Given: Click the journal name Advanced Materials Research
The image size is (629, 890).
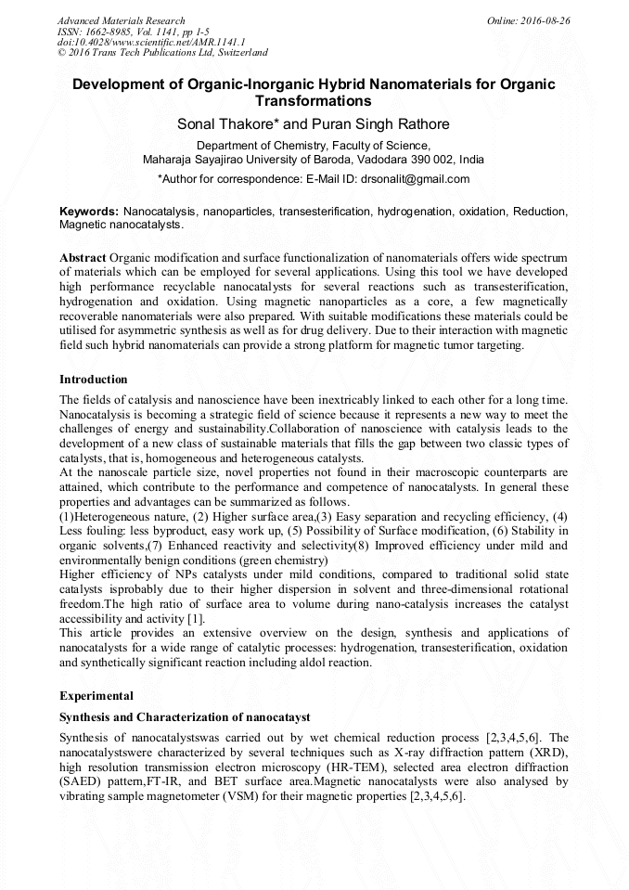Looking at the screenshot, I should click(121, 20).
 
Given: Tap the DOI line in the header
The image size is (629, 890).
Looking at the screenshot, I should click(150, 42).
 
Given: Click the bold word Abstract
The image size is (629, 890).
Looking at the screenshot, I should click(83, 256).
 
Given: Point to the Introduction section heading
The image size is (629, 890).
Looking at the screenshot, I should click(94, 380).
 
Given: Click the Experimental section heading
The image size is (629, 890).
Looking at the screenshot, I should click(96, 695).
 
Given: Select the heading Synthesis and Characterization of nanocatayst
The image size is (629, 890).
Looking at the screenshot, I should click(184, 717).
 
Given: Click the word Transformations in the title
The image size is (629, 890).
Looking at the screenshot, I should click(314, 101).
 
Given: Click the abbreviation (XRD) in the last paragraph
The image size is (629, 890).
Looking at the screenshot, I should click(548, 753).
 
